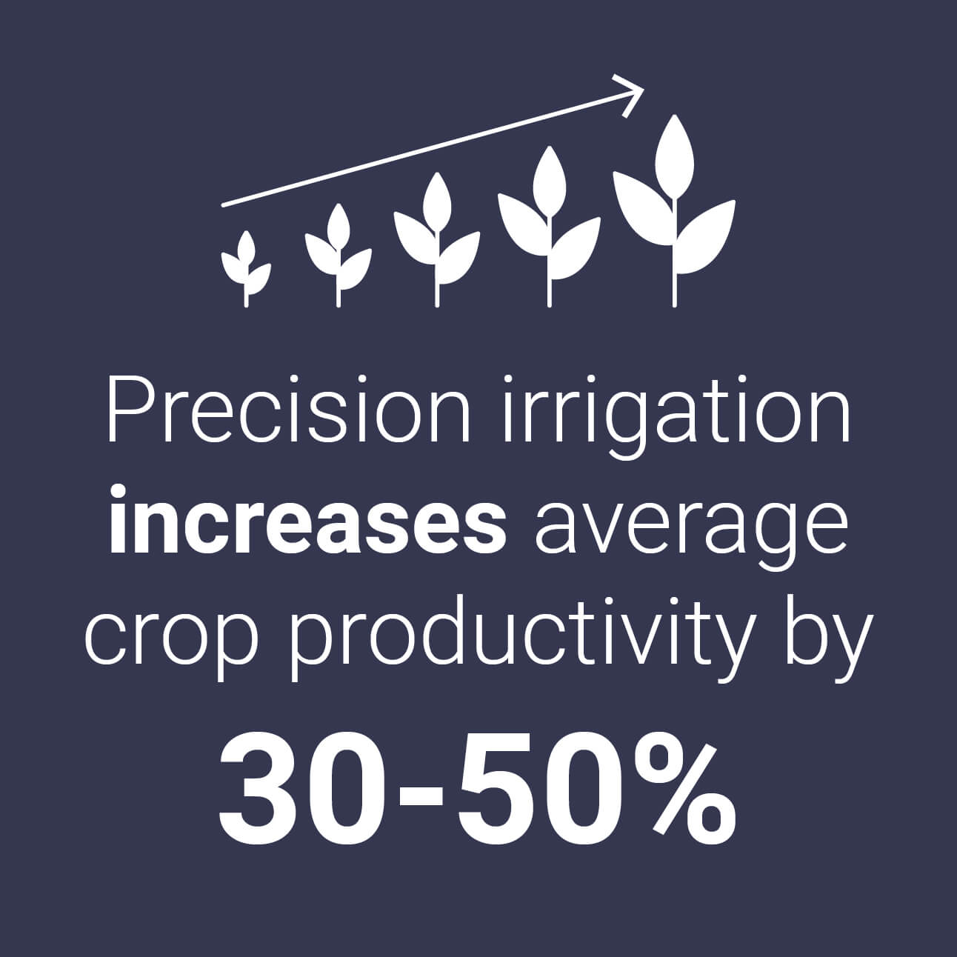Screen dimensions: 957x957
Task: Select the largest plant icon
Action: [x=674, y=211]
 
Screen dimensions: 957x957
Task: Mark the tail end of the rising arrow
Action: [x=224, y=203]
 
